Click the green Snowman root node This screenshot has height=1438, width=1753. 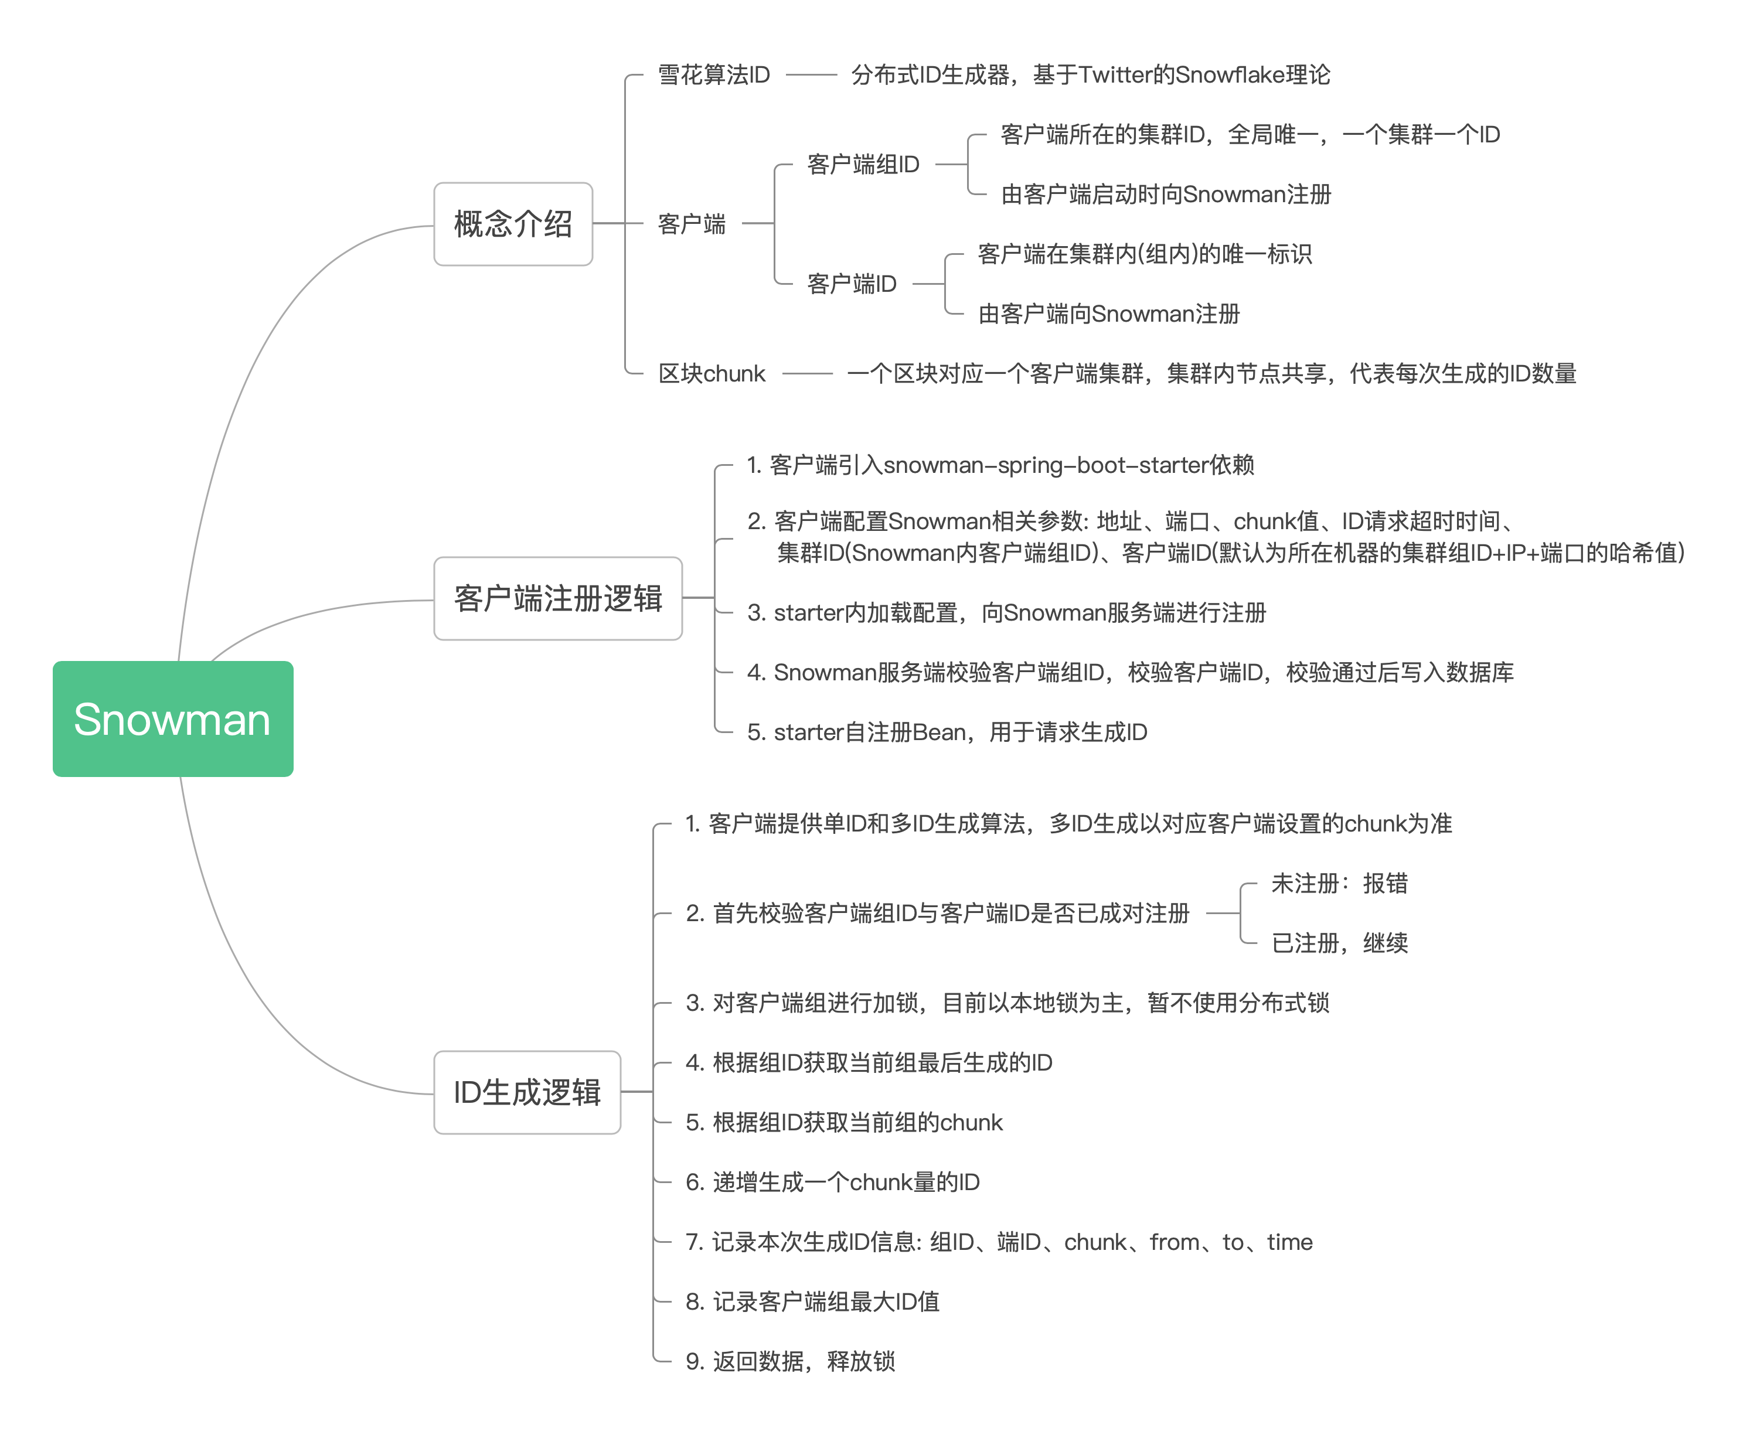point(172,718)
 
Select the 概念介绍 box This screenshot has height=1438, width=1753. point(513,224)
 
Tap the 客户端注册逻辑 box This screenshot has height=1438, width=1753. point(557,598)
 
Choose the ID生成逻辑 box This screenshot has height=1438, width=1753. point(527,1092)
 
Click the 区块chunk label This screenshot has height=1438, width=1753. point(711,374)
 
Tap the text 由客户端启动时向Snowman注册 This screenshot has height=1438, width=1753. point(1166,195)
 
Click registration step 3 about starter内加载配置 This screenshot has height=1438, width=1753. point(1006,613)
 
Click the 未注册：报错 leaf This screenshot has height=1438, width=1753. point(1339,883)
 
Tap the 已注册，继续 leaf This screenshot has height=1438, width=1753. point(1339,943)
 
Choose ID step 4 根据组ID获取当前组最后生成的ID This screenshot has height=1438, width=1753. point(868,1063)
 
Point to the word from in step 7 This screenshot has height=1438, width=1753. point(1174,1242)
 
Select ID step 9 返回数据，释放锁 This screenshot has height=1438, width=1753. point(789,1362)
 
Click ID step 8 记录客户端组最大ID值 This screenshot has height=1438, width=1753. point(812,1302)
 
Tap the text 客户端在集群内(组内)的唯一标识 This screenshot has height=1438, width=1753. point(1144,254)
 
